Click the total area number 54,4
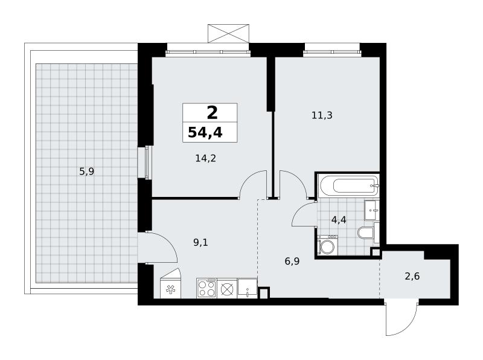click(205, 132)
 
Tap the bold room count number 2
click(213, 112)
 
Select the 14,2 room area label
click(206, 158)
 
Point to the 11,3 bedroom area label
click(322, 115)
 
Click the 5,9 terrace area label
click(87, 172)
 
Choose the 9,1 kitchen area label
click(200, 243)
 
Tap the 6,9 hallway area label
click(292, 262)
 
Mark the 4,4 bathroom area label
click(339, 220)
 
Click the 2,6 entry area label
click(412, 276)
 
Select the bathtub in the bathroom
click(349, 185)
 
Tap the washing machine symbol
click(327, 245)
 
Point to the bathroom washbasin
click(372, 210)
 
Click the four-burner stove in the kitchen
click(206, 288)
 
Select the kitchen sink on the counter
click(247, 289)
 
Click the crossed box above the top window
click(229, 33)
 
